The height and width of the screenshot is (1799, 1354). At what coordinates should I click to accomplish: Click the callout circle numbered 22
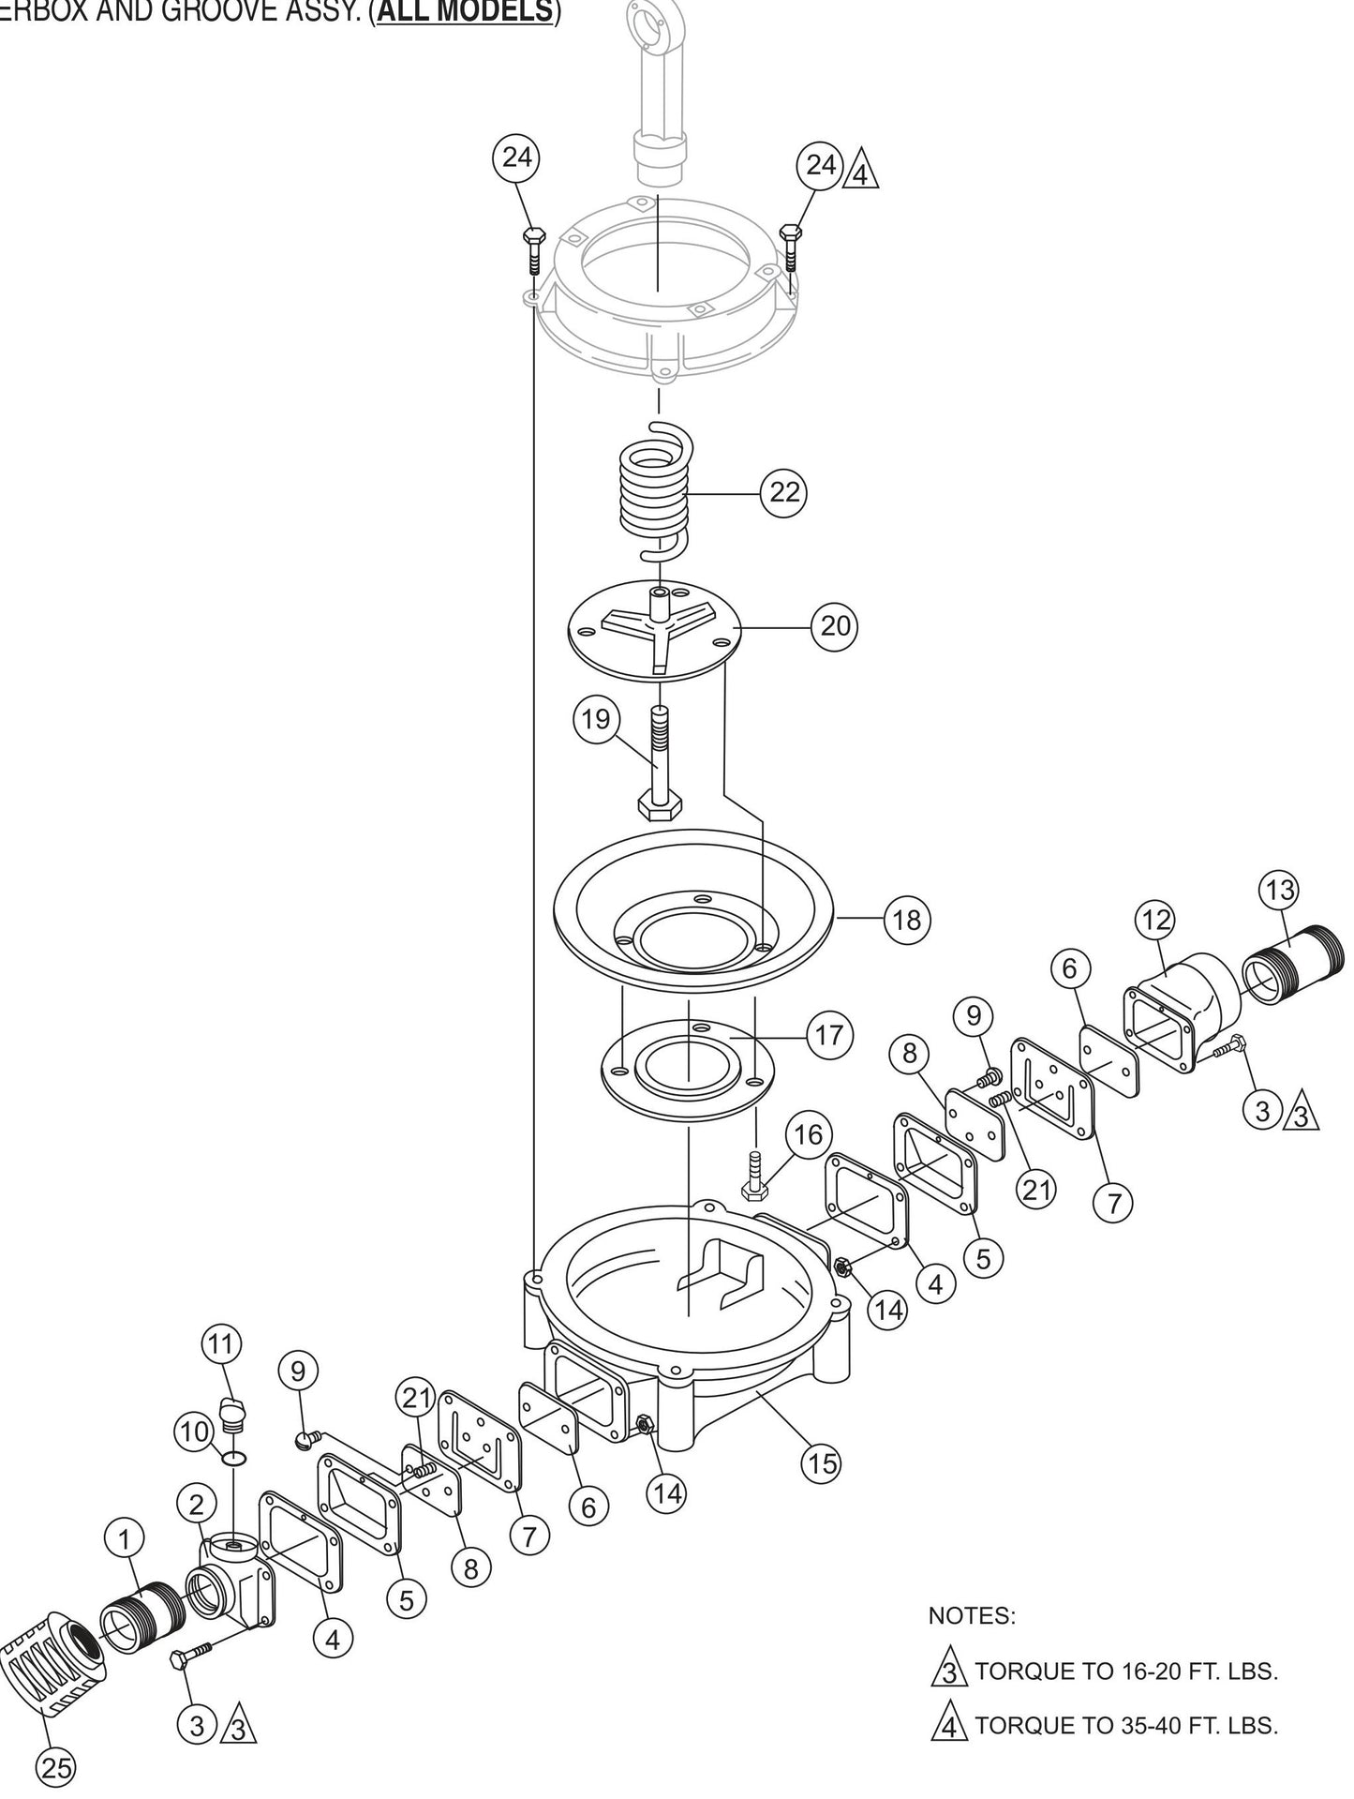point(784,491)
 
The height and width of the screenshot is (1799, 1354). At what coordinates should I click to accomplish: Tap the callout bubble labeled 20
point(835,625)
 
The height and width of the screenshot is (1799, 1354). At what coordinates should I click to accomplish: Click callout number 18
point(907,920)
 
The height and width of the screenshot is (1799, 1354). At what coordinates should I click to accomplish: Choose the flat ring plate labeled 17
point(689,1070)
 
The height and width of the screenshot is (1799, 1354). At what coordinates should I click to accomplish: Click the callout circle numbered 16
point(808,1135)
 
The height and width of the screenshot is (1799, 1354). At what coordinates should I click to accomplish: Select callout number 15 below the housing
point(822,1462)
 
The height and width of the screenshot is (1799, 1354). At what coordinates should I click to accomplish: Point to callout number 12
point(1156,920)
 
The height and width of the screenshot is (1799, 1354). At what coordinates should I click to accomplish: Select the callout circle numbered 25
point(57,1766)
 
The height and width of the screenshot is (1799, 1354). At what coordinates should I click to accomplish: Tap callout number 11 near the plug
point(220,1343)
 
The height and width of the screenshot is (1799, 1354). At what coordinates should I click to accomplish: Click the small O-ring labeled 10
point(237,1459)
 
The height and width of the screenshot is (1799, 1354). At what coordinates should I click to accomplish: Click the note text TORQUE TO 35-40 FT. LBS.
point(1125,1725)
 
